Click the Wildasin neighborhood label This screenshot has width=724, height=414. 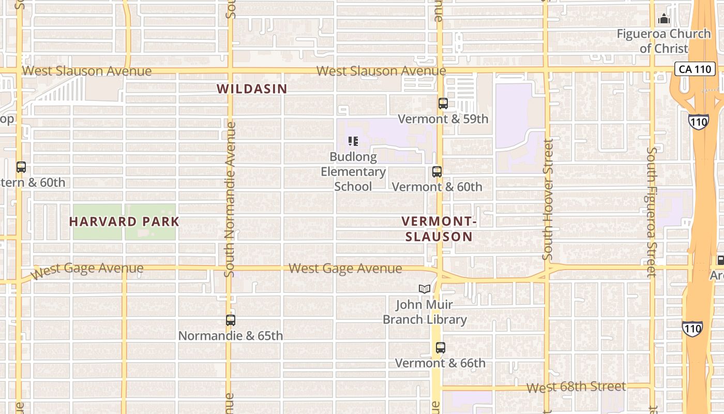(252, 88)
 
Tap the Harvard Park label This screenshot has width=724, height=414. (124, 221)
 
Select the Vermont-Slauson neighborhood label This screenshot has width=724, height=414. (439, 229)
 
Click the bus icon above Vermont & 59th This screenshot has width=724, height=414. (443, 103)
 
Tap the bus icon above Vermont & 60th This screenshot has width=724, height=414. (437, 171)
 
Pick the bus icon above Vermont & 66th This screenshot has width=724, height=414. (440, 348)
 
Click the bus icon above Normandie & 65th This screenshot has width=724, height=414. (231, 320)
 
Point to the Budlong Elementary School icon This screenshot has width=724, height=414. (353, 141)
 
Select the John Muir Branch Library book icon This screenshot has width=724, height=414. (425, 289)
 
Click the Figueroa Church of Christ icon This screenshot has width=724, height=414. (664, 20)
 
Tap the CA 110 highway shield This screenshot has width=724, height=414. (695, 69)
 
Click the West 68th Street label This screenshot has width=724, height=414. (576, 387)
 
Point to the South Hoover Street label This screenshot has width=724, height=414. (548, 199)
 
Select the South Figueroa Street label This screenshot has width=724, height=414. (652, 212)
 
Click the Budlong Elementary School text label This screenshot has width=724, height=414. (353, 172)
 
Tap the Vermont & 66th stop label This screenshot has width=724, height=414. (440, 363)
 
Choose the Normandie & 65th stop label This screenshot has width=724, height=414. (231, 336)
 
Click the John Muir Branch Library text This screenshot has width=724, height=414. (425, 312)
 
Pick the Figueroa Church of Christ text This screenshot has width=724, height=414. (664, 41)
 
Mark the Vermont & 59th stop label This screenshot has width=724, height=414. (443, 119)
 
